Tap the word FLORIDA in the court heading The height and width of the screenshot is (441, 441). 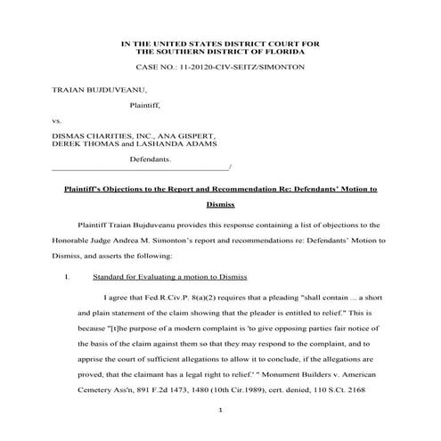pyautogui.click(x=290, y=53)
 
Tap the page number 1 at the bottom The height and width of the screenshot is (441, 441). pyautogui.click(x=220, y=409)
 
